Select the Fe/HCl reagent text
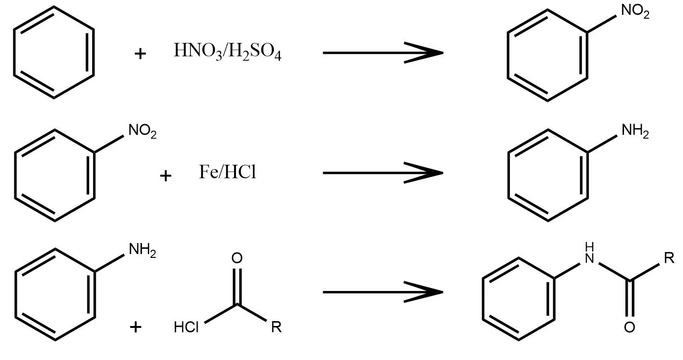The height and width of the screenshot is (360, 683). pyautogui.click(x=227, y=172)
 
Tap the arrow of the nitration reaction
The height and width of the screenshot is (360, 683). pyautogui.click(x=382, y=52)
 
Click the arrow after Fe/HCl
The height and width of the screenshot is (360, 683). pyautogui.click(x=382, y=172)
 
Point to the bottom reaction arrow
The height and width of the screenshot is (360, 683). pyautogui.click(x=382, y=291)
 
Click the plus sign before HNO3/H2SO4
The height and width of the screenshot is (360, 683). pyautogui.click(x=140, y=54)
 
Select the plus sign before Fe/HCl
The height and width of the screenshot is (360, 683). pyautogui.click(x=165, y=176)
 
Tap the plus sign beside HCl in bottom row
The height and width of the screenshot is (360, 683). pyautogui.click(x=136, y=327)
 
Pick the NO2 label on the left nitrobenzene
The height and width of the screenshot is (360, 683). pyautogui.click(x=142, y=131)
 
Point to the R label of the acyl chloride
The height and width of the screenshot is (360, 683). pyautogui.click(x=276, y=328)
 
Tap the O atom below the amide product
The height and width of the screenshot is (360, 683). pyautogui.click(x=630, y=328)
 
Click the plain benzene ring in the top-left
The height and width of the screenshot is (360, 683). pyautogui.click(x=53, y=52)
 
